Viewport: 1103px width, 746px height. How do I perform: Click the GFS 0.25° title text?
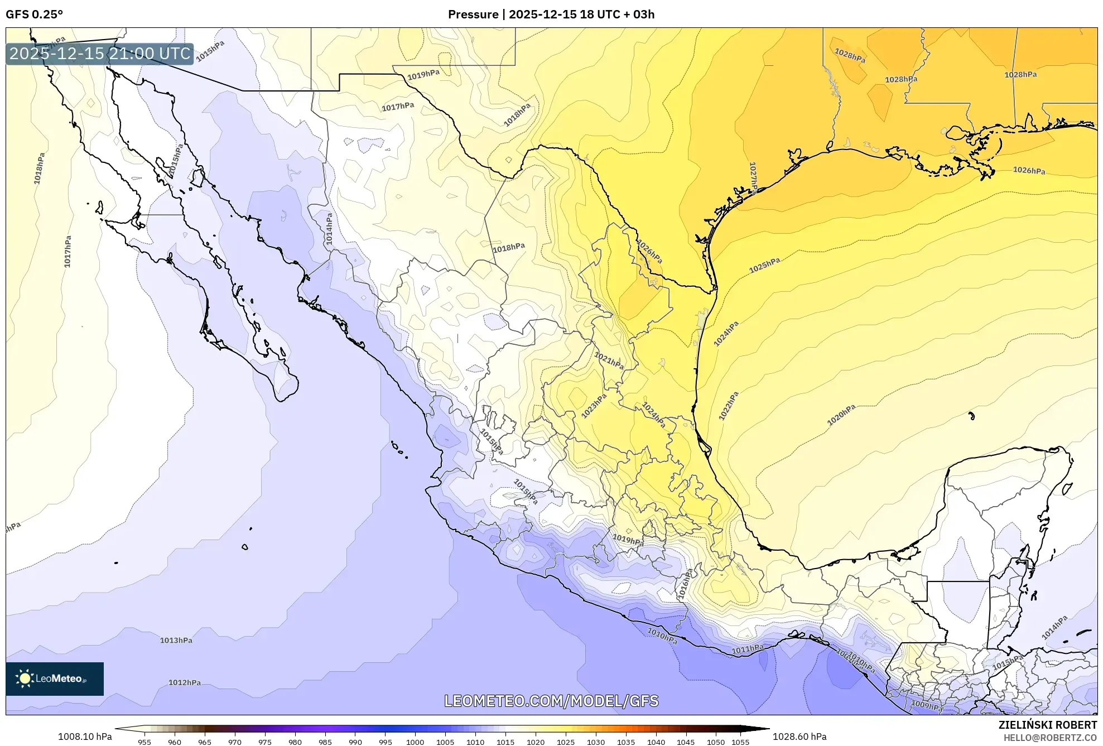[34, 15]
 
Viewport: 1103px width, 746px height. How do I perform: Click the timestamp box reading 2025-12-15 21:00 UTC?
[100, 54]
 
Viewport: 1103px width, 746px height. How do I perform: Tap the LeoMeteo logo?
[55, 678]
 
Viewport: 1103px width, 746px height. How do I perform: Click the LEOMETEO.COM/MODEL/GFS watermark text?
[551, 701]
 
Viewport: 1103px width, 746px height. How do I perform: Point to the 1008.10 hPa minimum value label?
[85, 737]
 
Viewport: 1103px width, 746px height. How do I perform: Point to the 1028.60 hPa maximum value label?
[799, 737]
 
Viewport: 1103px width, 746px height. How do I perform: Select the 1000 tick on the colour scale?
[415, 742]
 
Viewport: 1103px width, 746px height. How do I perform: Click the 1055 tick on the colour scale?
[740, 742]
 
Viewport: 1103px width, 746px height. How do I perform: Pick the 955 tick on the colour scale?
[145, 742]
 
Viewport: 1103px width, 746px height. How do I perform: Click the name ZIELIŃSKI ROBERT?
[1047, 725]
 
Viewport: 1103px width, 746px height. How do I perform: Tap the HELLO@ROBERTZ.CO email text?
[1050, 738]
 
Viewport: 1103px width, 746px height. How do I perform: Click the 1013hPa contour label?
[176, 640]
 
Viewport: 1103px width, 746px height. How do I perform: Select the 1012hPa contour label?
[185, 682]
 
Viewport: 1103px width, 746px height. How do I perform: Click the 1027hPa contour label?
[753, 177]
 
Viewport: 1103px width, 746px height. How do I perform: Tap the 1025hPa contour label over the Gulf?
[764, 265]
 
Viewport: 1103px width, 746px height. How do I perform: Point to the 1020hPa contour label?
[841, 415]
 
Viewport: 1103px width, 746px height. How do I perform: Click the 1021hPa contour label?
[609, 360]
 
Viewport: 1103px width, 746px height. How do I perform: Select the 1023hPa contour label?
[594, 406]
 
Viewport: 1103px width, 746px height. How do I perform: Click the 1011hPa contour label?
[748, 649]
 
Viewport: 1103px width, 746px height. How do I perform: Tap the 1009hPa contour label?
[927, 706]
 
